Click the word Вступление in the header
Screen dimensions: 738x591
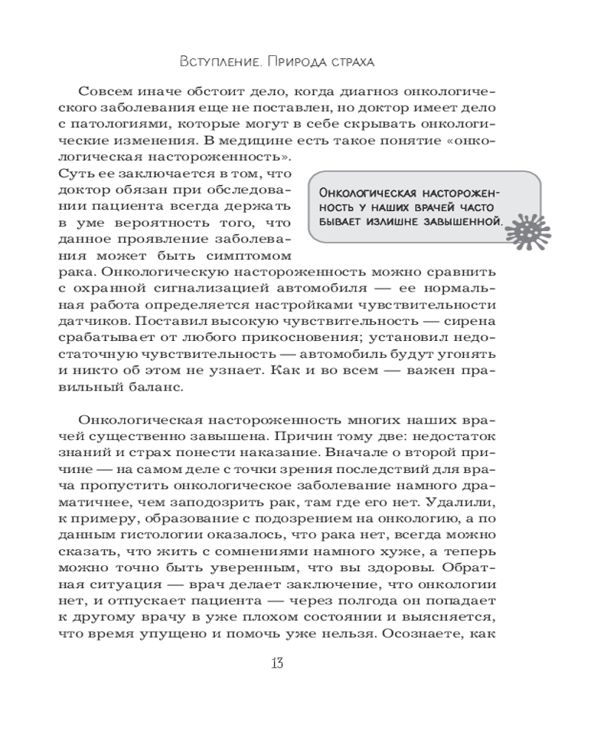tap(215, 61)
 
